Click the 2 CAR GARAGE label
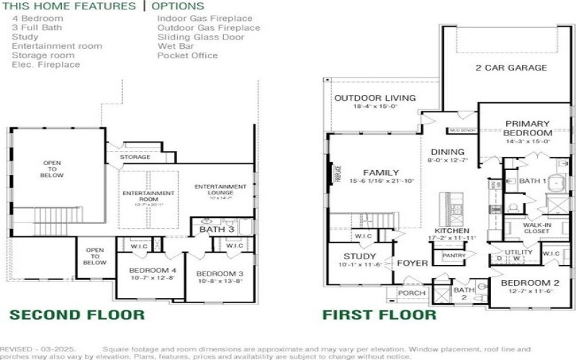pyautogui.click(x=511, y=68)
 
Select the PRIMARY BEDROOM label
pyautogui.click(x=528, y=128)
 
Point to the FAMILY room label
pyautogui.click(x=381, y=173)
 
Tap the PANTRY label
pyautogui.click(x=454, y=256)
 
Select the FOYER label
pyautogui.click(x=412, y=264)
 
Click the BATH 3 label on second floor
pyautogui.click(x=217, y=230)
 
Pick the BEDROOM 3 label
pyautogui.click(x=220, y=274)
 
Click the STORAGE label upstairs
pyautogui.click(x=135, y=156)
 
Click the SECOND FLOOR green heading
pyautogui.click(x=77, y=315)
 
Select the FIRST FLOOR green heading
pyautogui.click(x=379, y=315)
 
